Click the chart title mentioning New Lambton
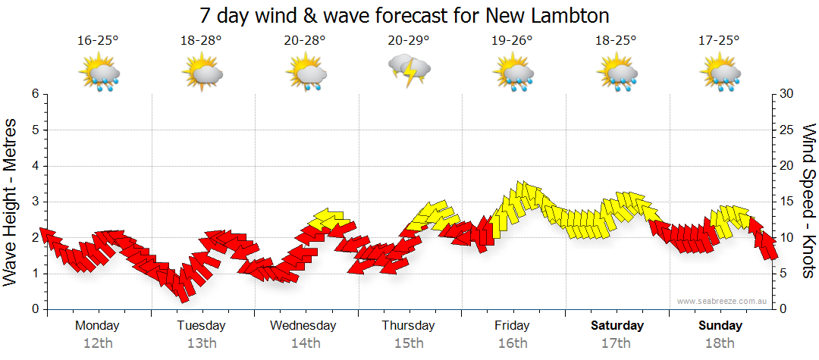click(405, 15)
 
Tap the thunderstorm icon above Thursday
click(409, 70)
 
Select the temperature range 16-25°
click(98, 41)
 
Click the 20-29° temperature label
click(409, 41)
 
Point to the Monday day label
click(97, 326)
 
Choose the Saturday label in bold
click(617, 326)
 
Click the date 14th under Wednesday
click(305, 343)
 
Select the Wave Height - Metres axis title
click(11, 201)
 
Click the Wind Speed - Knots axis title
click(808, 201)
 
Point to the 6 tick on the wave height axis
click(35, 94)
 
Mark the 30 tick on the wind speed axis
click(786, 94)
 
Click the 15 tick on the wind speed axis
click(786, 202)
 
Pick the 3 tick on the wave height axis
click(35, 202)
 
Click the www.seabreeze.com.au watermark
click(723, 302)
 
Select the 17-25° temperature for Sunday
click(720, 41)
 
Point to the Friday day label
click(513, 326)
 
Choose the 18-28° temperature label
click(201, 41)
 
